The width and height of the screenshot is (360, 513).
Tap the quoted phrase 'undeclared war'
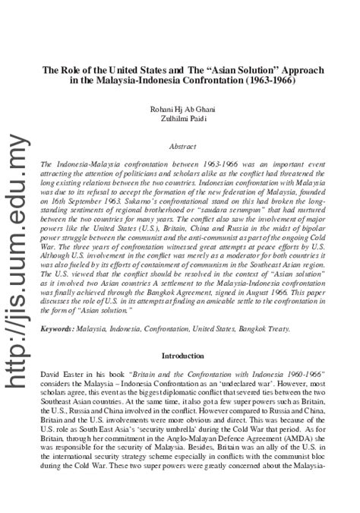click(x=262, y=385)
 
